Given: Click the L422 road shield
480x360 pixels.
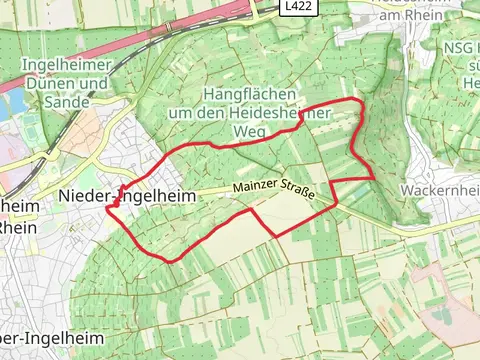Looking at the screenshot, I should [x=295, y=7].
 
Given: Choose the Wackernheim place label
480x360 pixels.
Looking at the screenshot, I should [x=439, y=189].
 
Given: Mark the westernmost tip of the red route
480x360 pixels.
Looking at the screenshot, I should [x=105, y=210].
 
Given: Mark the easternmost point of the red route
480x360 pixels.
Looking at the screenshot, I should [x=375, y=177].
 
